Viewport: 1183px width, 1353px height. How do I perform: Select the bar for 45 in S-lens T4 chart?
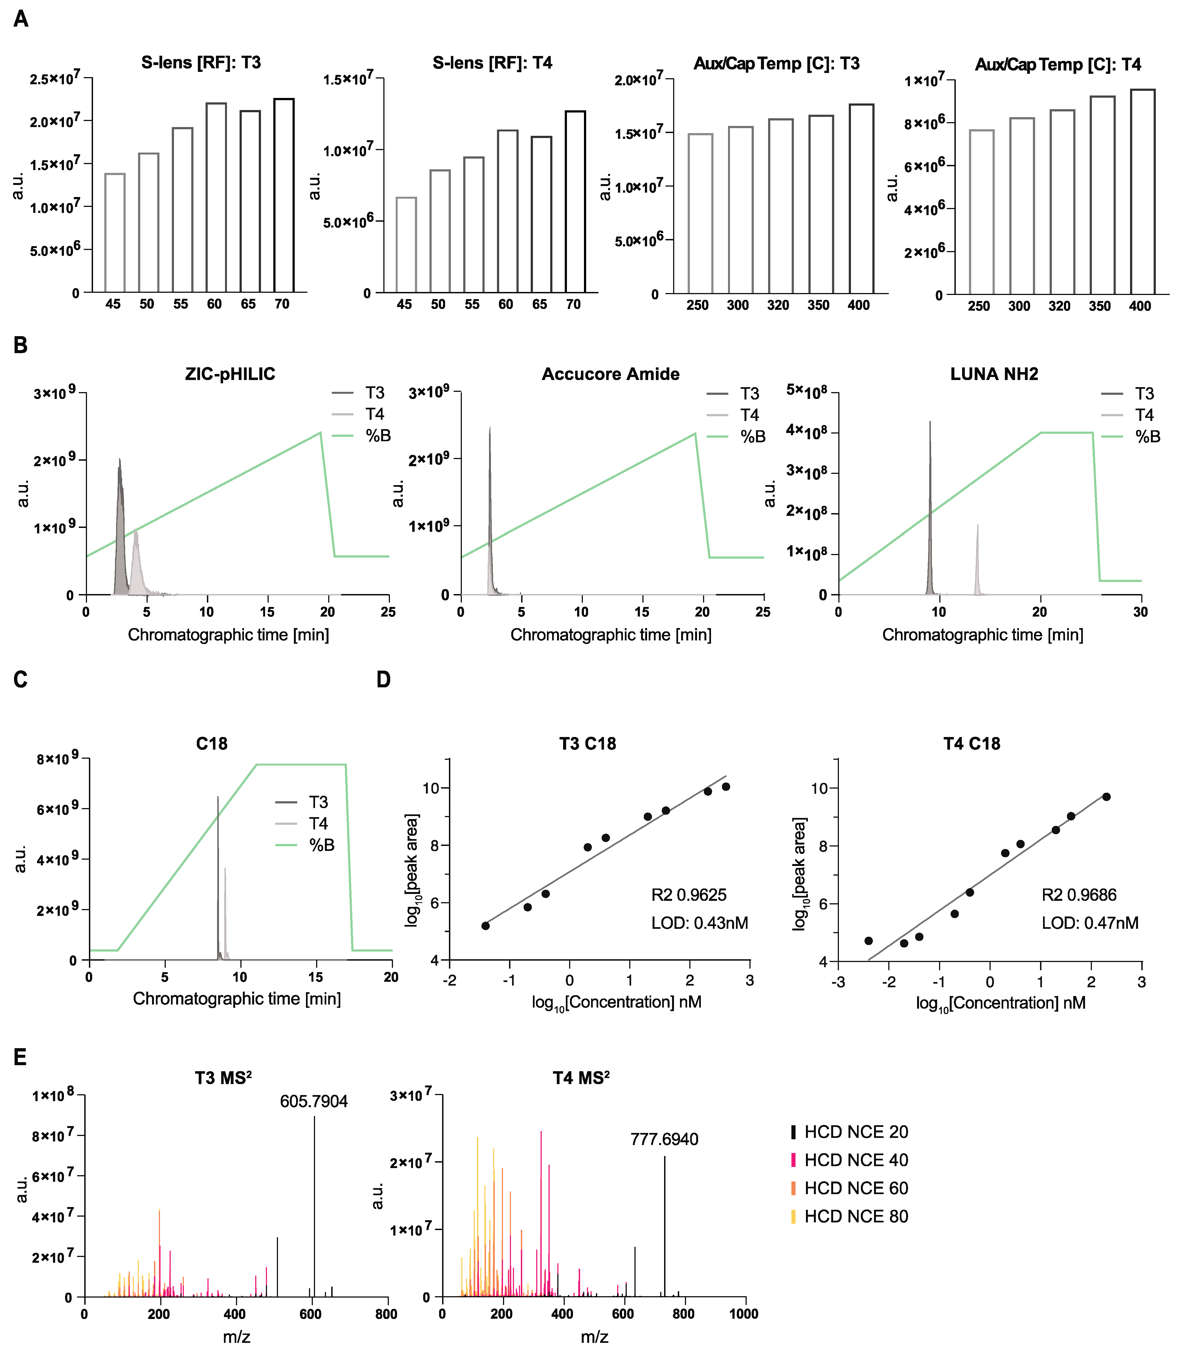click(x=406, y=244)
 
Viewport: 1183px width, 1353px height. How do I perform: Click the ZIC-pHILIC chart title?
click(x=230, y=374)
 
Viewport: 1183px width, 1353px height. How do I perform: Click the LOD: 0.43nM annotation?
click(x=699, y=923)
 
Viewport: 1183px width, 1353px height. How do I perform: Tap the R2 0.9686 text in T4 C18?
click(x=1079, y=895)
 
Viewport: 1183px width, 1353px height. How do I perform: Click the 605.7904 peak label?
click(x=314, y=1101)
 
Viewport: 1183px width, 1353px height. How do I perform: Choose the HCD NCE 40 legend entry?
click(x=856, y=1160)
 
